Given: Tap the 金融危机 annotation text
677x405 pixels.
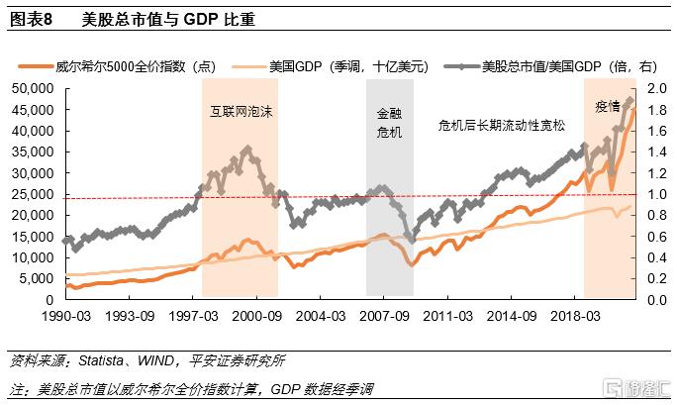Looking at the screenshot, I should pos(390,123).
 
